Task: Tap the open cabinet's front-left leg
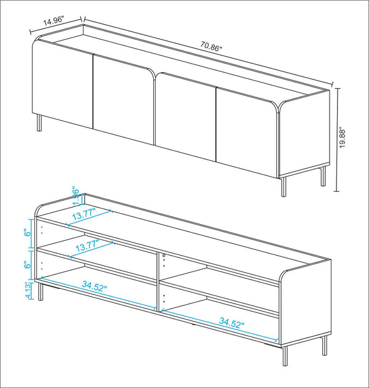[41, 291]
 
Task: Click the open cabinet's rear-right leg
[323, 346]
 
